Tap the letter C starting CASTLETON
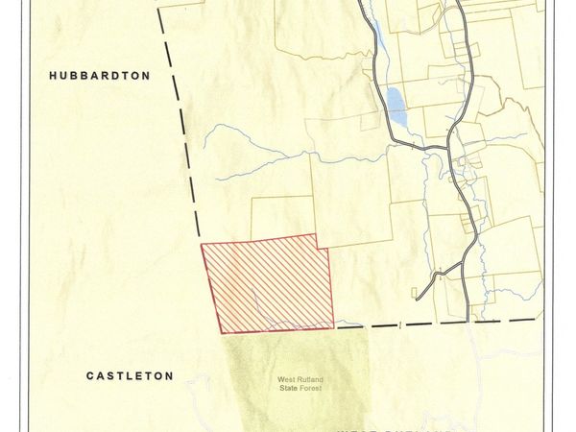click(90, 376)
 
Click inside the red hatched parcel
click(269, 284)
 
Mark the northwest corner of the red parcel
click(202, 245)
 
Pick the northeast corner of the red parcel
click(316, 235)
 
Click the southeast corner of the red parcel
click(333, 326)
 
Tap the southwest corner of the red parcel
click(223, 332)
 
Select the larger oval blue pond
click(395, 98)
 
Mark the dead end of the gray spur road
click(417, 295)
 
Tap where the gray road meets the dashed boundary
click(468, 321)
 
